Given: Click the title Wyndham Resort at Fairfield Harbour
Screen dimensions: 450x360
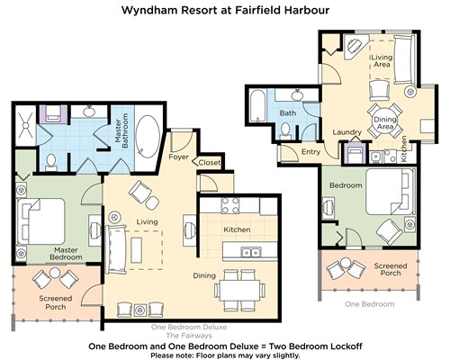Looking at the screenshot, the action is [x=225, y=10].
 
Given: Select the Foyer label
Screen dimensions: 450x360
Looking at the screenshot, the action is [x=178, y=157].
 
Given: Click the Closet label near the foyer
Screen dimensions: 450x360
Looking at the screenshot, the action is [x=210, y=163].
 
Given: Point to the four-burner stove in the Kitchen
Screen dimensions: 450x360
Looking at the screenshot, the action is [x=230, y=205].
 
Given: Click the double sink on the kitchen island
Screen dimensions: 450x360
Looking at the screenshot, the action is [x=251, y=253].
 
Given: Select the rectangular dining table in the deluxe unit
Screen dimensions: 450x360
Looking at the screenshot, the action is [x=240, y=290].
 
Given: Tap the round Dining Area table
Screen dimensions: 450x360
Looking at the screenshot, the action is [x=385, y=121].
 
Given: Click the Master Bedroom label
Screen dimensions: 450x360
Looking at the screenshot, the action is [x=66, y=254].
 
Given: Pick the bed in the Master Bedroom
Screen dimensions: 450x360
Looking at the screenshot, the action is [x=41, y=221].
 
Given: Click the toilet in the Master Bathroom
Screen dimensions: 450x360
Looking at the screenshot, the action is [x=51, y=162].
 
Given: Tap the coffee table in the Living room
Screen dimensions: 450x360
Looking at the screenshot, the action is [x=137, y=250].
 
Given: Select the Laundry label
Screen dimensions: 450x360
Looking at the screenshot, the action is [x=346, y=132].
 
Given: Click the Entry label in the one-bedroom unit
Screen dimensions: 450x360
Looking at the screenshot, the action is [x=310, y=152].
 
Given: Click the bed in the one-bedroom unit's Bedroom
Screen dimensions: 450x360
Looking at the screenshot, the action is [x=390, y=192].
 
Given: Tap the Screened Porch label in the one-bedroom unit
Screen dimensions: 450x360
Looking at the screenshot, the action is [x=391, y=269].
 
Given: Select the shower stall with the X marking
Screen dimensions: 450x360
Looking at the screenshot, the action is [x=25, y=125].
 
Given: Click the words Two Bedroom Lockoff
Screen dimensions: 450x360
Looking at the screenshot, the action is [x=315, y=346].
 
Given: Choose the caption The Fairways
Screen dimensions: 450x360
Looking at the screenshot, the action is [x=189, y=335].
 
